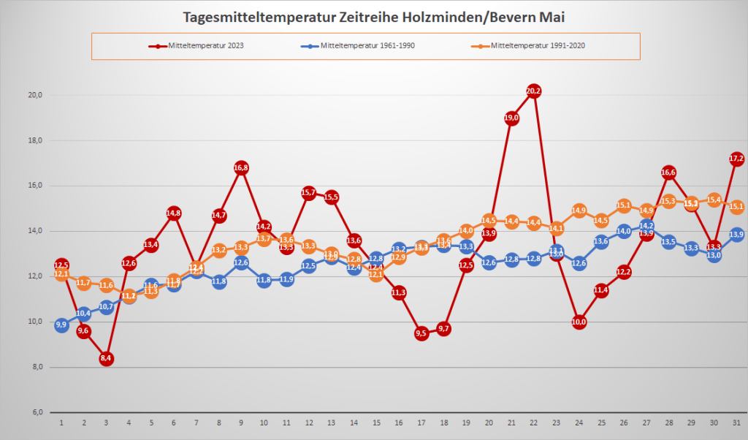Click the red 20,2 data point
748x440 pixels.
[534, 91]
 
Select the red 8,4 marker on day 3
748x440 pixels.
[106, 358]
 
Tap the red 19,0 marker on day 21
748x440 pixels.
[511, 118]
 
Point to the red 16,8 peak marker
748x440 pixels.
[241, 167]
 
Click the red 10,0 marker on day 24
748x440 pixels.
[579, 322]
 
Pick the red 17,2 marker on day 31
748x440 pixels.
[736, 159]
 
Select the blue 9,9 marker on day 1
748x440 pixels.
[61, 325]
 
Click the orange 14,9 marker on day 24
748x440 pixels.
[579, 210]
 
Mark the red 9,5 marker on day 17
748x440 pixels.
[421, 333]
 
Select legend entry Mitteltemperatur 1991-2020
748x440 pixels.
[538, 46]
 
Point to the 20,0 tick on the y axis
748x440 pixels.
[35, 95]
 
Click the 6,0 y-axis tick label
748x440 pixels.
[35, 412]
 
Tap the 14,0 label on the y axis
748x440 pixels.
[35, 231]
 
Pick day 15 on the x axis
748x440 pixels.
[376, 422]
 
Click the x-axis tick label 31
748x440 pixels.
[736, 422]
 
